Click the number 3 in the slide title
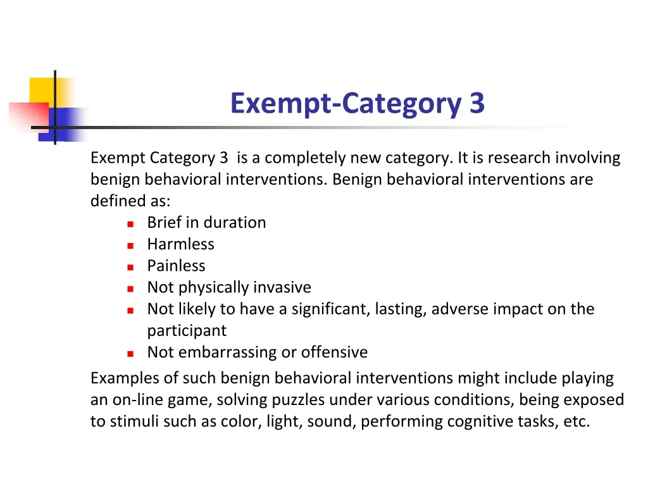pyautogui.click(x=477, y=103)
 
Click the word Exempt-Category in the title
pyautogui.click(x=346, y=103)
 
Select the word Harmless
pyautogui.click(x=180, y=244)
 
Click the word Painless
pyautogui.click(x=176, y=266)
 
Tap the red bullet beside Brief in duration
pyautogui.click(x=130, y=223)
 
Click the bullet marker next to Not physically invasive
pyautogui.click(x=130, y=289)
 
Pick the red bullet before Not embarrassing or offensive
pyautogui.click(x=130, y=353)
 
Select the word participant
pyautogui.click(x=187, y=331)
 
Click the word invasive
pyautogui.click(x=282, y=288)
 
